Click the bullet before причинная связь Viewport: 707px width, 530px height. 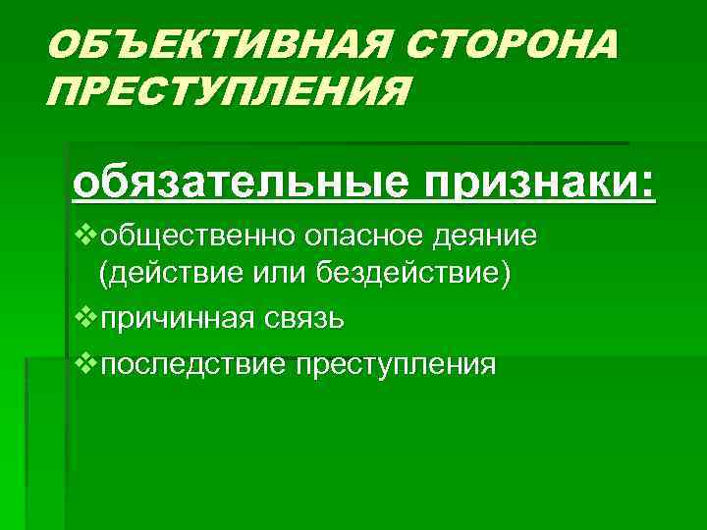[85, 318]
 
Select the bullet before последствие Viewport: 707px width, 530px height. [85, 363]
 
